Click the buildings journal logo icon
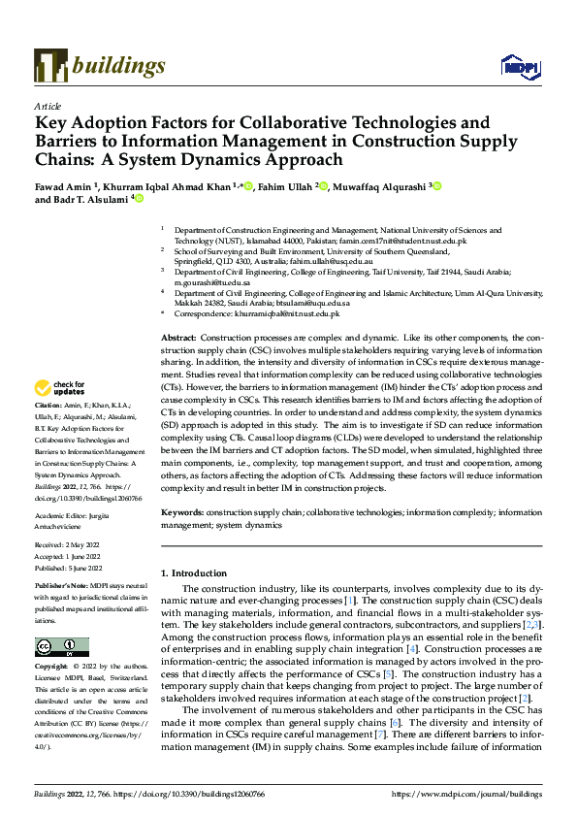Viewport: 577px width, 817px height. (x=50, y=66)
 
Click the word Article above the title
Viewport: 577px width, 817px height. (x=48, y=105)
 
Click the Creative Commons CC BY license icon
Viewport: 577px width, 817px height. (x=62, y=646)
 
